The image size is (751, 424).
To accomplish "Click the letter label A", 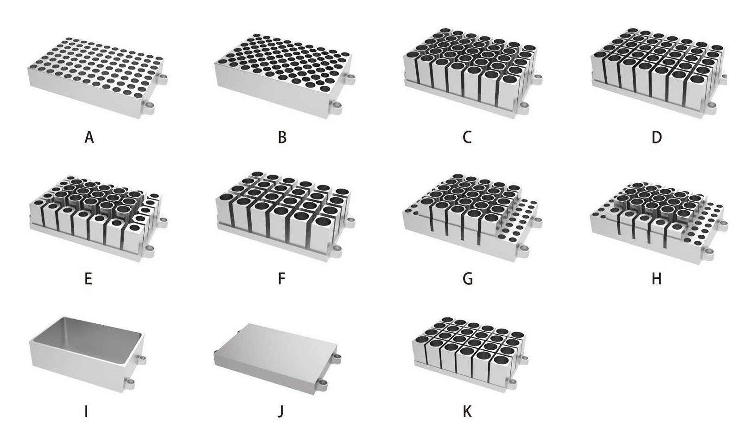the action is (x=89, y=137).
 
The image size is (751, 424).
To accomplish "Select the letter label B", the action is (x=282, y=137).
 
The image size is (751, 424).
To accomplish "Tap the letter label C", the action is (x=467, y=137).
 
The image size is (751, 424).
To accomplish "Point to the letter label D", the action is (x=657, y=137).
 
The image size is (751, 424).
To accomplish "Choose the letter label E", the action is (x=89, y=279).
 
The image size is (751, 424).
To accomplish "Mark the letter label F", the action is (x=282, y=279).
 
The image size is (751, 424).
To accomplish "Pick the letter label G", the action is (x=468, y=279).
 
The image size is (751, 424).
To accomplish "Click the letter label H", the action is (x=657, y=279).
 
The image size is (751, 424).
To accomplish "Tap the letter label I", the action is (x=86, y=411).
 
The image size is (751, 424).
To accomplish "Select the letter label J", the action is (x=280, y=411).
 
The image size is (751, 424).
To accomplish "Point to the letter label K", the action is (x=467, y=411).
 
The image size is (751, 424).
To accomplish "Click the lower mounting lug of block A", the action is (x=148, y=107).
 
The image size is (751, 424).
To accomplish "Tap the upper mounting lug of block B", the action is (x=350, y=78).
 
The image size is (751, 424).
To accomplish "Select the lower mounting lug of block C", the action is (x=523, y=108).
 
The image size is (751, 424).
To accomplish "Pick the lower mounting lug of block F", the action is (x=336, y=250).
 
